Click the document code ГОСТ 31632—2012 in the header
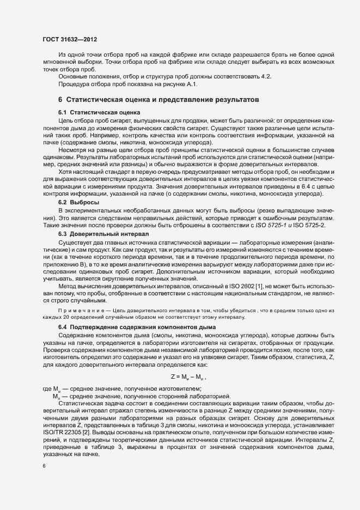[x=69, y=39]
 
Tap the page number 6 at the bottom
[x=44, y=466]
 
